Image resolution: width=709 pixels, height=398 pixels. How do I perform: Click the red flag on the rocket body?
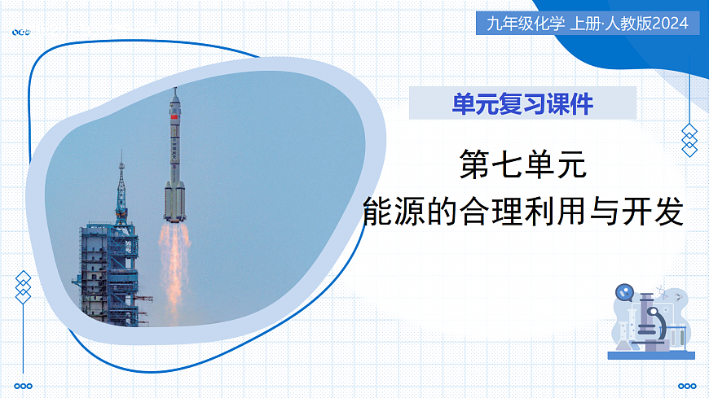coord(173,119)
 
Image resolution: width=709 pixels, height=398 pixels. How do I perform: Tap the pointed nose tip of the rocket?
coord(174,90)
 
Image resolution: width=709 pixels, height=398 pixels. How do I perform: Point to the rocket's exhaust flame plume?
coord(174,260)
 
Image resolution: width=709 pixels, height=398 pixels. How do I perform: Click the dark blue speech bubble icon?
coord(623,291)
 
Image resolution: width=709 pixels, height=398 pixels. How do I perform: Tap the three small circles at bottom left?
coord(24,386)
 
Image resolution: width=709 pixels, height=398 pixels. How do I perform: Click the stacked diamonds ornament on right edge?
coord(689,140)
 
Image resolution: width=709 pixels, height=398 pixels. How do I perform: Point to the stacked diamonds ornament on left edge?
coord(24,286)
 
